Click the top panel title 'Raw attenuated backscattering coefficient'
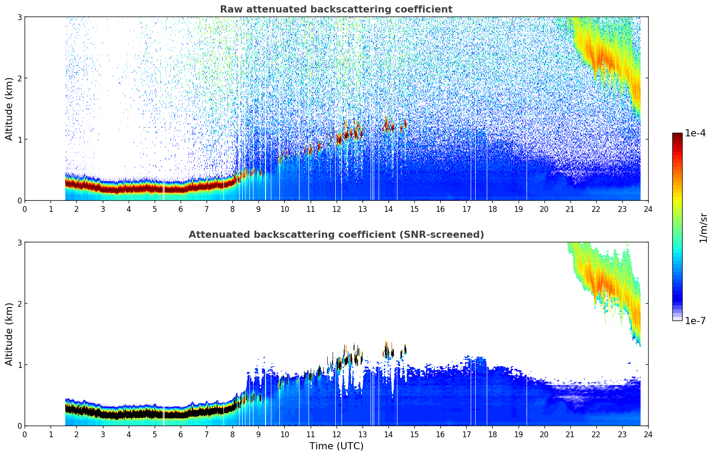[x=336, y=9]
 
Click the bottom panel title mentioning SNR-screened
[x=336, y=235]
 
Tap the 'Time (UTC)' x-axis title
[x=336, y=446]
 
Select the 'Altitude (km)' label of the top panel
[x=9, y=109]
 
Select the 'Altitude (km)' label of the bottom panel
[x=9, y=334]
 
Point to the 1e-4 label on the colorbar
[x=695, y=133]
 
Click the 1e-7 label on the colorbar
[x=695, y=321]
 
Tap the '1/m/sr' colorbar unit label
[x=703, y=228]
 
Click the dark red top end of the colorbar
[x=677, y=135]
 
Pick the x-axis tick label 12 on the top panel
[x=336, y=209]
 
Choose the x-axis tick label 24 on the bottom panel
[x=648, y=434]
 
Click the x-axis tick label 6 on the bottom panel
[x=181, y=434]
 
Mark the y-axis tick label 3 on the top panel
[x=19, y=17]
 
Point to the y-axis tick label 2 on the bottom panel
[x=19, y=304]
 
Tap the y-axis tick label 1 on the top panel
[x=19, y=139]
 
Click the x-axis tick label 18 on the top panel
[x=492, y=209]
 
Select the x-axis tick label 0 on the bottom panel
[x=25, y=434]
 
